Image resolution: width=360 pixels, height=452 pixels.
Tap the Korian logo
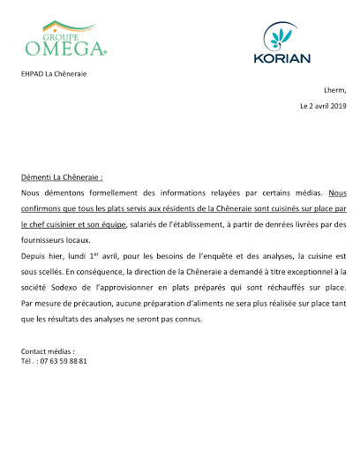pos(282,44)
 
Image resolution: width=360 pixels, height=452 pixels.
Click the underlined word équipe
pos(110,224)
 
